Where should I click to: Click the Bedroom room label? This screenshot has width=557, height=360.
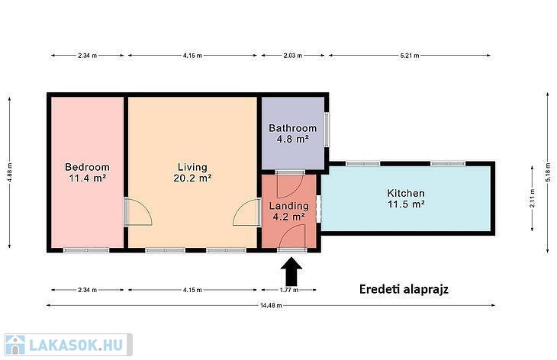[x=87, y=167]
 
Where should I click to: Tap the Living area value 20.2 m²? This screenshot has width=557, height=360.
[x=192, y=178]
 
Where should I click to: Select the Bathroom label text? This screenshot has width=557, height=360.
[x=292, y=128]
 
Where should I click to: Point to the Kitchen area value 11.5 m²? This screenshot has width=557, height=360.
[x=406, y=204]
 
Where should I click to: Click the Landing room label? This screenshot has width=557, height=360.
[x=289, y=206]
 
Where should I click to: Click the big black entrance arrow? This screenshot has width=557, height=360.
[x=292, y=272]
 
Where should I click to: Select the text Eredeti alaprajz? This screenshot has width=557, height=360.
[x=404, y=289]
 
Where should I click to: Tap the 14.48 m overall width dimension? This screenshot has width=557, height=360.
[x=271, y=305]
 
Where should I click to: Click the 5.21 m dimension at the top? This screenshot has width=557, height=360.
[x=410, y=56]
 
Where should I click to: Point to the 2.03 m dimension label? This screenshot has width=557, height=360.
[x=293, y=56]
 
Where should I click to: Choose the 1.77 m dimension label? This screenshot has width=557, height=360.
[x=289, y=290]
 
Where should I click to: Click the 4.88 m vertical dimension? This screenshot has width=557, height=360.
[x=10, y=172]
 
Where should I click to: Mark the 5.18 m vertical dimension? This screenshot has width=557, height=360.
[x=548, y=172]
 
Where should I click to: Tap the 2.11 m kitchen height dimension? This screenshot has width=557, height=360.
[x=532, y=198]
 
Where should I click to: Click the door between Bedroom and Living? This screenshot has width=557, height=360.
[x=138, y=212]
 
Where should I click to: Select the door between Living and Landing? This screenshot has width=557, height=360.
[x=247, y=212]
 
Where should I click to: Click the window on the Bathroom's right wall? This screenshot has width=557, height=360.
[x=327, y=130]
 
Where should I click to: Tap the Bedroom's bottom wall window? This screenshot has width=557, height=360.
[x=86, y=250]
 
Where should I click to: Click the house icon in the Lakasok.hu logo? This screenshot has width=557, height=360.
[x=15, y=345]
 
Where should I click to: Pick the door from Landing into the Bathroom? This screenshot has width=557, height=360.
[x=290, y=185]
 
